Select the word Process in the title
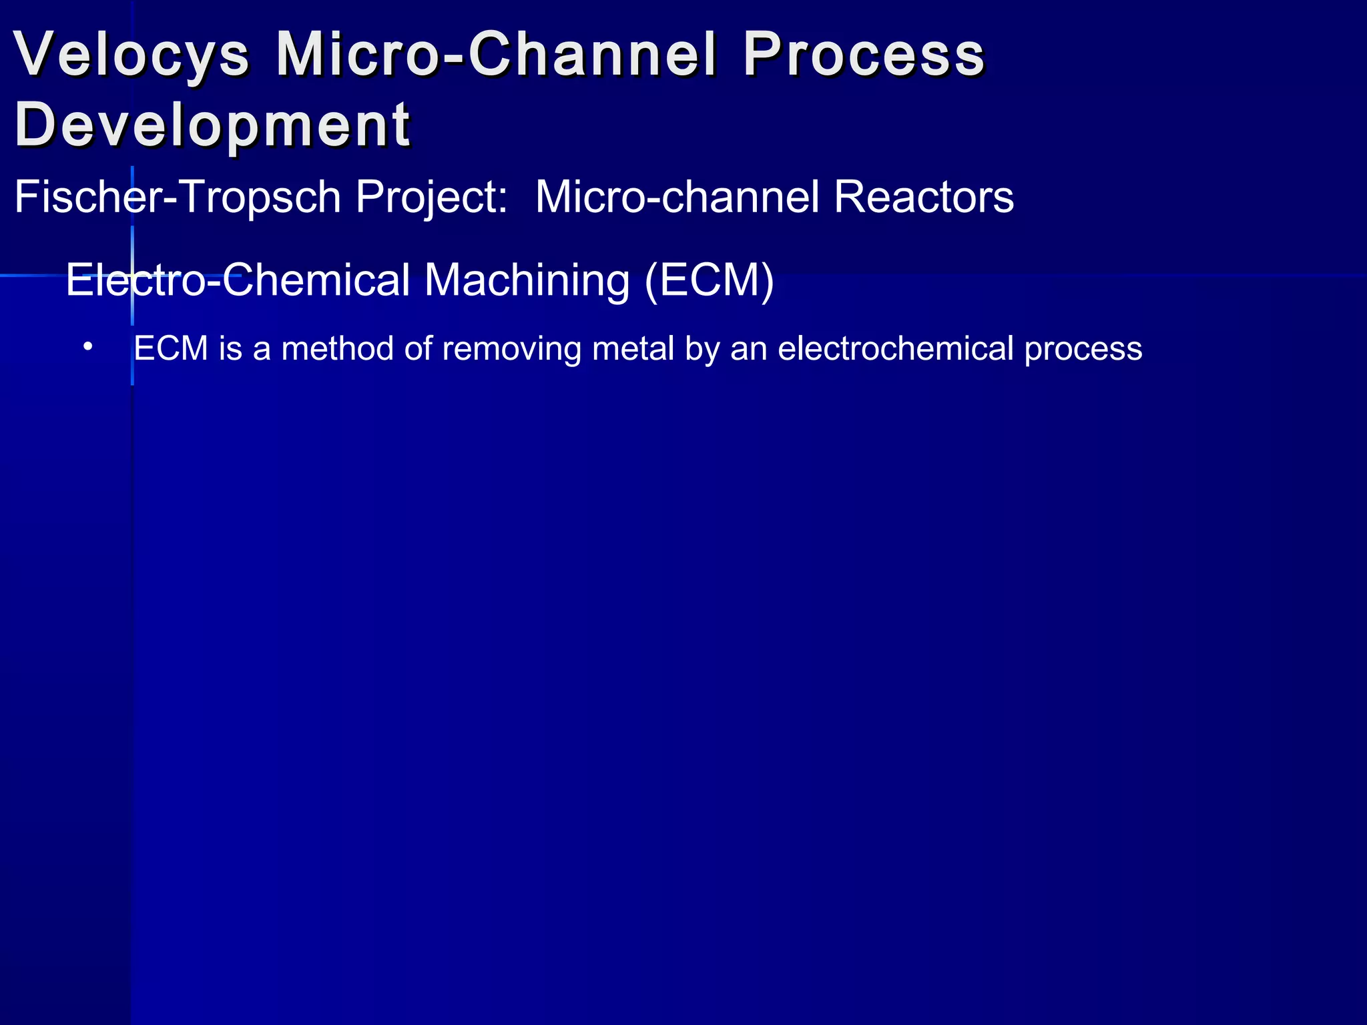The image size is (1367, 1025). [x=864, y=54]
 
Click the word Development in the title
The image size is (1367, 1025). [x=212, y=126]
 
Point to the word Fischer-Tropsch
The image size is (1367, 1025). [x=178, y=198]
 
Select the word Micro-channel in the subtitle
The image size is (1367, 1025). [x=677, y=198]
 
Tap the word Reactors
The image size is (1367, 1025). [x=924, y=198]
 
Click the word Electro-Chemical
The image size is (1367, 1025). [x=238, y=280]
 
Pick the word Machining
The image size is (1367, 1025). [x=527, y=280]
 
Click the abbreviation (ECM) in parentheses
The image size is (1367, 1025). [x=709, y=280]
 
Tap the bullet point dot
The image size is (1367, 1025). [x=88, y=347]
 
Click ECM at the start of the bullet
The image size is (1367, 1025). [x=171, y=348]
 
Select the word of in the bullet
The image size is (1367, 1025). [x=418, y=348]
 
